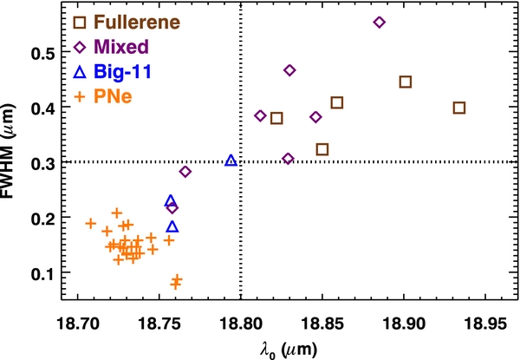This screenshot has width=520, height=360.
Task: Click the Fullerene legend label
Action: coord(137,22)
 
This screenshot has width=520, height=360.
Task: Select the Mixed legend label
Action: coord(121,47)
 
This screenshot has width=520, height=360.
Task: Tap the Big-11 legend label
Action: coord(123,71)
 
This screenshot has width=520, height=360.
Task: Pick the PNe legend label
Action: coord(113,96)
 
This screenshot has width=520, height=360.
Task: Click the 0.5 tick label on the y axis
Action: coord(42,54)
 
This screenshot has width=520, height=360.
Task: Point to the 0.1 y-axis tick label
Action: coord(42,275)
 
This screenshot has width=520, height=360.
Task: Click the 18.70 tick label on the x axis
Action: coord(78,324)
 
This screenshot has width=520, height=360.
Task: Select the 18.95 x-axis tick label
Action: coord(485,324)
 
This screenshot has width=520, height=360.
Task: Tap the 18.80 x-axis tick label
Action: coord(241,324)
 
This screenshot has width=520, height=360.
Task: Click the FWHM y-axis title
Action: coord(7,151)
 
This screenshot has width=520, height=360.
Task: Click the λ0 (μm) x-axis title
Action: coord(289,350)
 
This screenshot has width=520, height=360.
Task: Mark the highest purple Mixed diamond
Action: coord(380,23)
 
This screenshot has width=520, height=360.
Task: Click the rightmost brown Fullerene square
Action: coord(459,108)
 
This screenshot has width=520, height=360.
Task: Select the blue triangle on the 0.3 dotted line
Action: coord(231,160)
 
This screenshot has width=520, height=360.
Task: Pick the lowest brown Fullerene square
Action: coord(322,150)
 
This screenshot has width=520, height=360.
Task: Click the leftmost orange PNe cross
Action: coord(90,223)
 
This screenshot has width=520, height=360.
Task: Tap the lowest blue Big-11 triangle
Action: coord(172,226)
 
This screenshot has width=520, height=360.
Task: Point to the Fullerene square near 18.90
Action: coord(406,82)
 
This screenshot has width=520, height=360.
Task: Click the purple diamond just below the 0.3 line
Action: coord(185,172)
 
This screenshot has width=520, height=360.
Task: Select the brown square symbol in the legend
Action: coord(80,23)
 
